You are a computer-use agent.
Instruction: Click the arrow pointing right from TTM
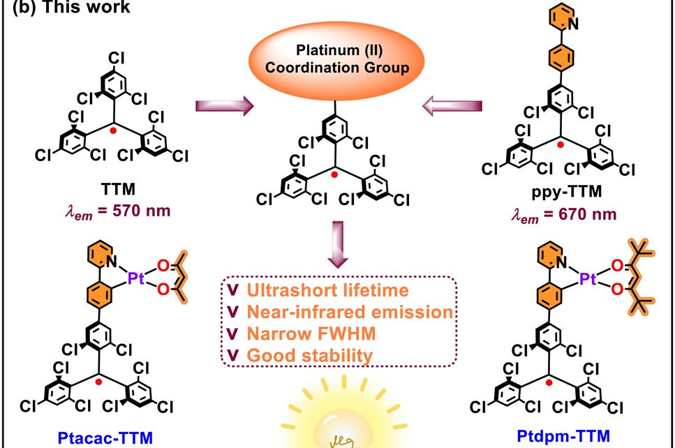[225, 106]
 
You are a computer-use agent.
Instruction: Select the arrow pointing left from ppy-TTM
[452, 106]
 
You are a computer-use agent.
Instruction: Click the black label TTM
[119, 189]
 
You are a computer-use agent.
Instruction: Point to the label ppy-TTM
[566, 192]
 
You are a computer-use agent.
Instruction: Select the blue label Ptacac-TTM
[105, 438]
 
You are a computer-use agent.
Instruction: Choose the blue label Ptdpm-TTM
[563, 436]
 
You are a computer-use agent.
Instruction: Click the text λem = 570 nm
[118, 211]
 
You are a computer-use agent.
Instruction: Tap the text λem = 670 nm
[564, 215]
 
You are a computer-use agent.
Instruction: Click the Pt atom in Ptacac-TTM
[136, 278]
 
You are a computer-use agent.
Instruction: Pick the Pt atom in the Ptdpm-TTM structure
[588, 279]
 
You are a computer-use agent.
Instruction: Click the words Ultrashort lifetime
[327, 290]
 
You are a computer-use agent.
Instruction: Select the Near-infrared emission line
[350, 312]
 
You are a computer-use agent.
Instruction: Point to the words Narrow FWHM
[311, 334]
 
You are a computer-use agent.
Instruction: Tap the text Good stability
[310, 356]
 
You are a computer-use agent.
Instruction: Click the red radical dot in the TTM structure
[113, 130]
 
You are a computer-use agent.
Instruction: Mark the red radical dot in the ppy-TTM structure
[560, 144]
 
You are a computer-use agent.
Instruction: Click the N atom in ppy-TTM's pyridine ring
[573, 24]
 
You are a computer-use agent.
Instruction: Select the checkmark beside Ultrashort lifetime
[233, 290]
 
